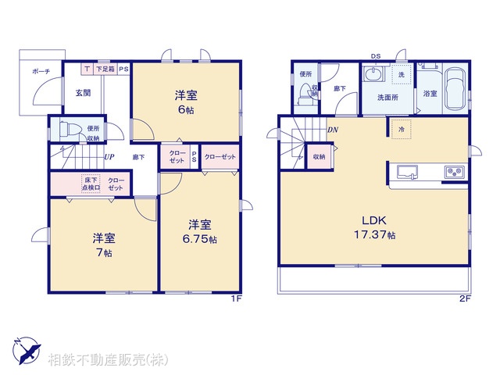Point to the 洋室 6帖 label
pos(185,102)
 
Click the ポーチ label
pos(41,72)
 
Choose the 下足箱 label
pos(105,69)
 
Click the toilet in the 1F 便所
pos(66,130)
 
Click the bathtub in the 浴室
pos(455,90)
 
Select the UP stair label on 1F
pos(110,156)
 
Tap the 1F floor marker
pos(235,298)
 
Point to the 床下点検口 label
pos(91,184)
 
